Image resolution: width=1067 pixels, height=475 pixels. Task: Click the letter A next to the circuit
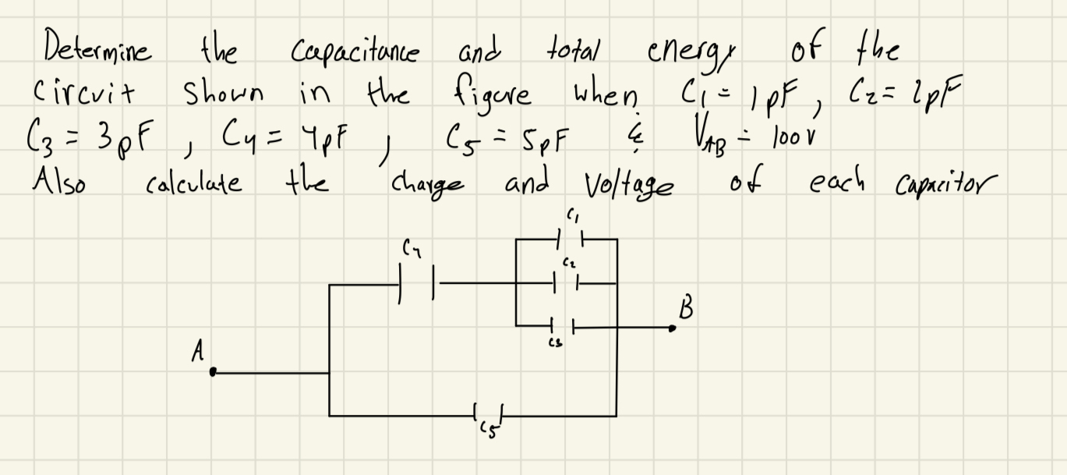199,353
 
